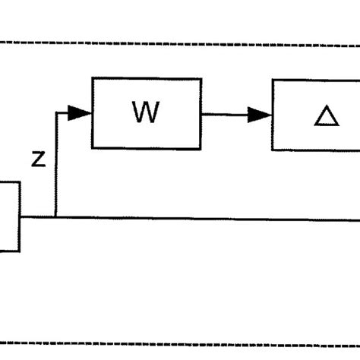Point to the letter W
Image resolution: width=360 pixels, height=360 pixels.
(x=146, y=114)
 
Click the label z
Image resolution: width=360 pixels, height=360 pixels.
(x=39, y=159)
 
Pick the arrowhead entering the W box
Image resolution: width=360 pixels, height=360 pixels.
(x=83, y=114)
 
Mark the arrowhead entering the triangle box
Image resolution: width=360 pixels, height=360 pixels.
(x=264, y=115)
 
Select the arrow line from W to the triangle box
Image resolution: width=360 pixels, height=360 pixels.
(x=232, y=115)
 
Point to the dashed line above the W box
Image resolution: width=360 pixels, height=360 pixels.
(x=180, y=43)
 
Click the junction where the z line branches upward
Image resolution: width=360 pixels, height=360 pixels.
(x=55, y=218)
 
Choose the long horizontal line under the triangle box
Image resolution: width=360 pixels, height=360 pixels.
(x=228, y=219)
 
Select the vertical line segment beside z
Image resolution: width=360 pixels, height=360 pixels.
(x=55, y=167)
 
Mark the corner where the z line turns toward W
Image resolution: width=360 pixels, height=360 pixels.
(x=55, y=114)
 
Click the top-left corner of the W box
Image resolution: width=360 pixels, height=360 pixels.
(x=92, y=78)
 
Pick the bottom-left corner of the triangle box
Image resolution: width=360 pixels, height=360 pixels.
(x=273, y=150)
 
